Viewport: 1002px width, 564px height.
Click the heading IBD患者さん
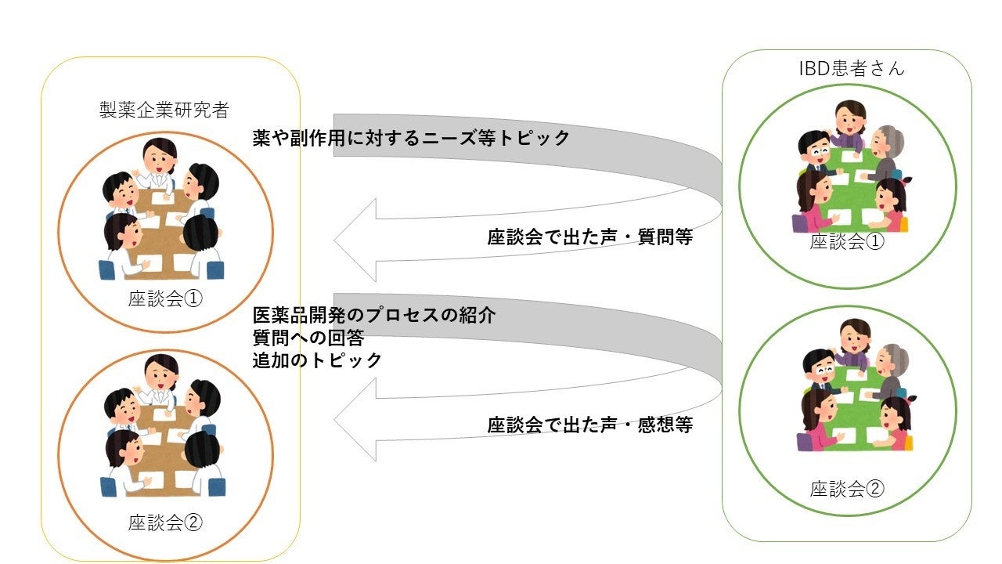coord(851,68)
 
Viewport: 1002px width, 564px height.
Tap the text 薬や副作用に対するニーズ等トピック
coord(411,139)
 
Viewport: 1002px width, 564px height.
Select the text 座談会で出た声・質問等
coord(589,238)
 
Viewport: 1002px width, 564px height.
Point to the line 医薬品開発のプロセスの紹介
coord(374,316)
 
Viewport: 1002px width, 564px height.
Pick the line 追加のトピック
coord(317,360)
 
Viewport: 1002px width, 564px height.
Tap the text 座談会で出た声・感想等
coord(589,425)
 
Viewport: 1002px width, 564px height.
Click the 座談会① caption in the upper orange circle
coord(165,299)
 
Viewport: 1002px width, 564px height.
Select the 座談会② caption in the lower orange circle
coord(165,522)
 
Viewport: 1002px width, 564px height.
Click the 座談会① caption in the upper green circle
coord(847,242)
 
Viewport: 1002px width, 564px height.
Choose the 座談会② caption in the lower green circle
coord(847,490)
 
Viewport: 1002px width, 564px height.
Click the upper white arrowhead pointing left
coord(356,239)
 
